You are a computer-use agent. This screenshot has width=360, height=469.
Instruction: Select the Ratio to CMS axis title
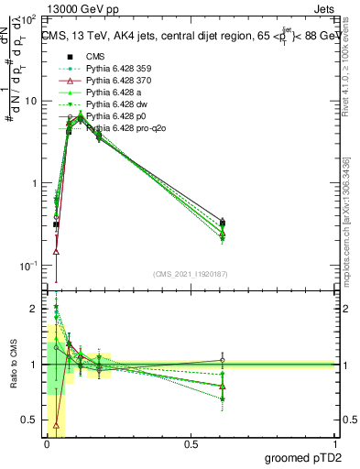tap(12, 365)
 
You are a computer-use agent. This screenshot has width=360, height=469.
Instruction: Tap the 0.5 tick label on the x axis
tap(191, 444)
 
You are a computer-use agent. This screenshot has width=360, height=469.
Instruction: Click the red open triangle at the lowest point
tap(57, 251)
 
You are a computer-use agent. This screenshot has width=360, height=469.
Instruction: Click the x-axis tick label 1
tap(335, 444)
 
